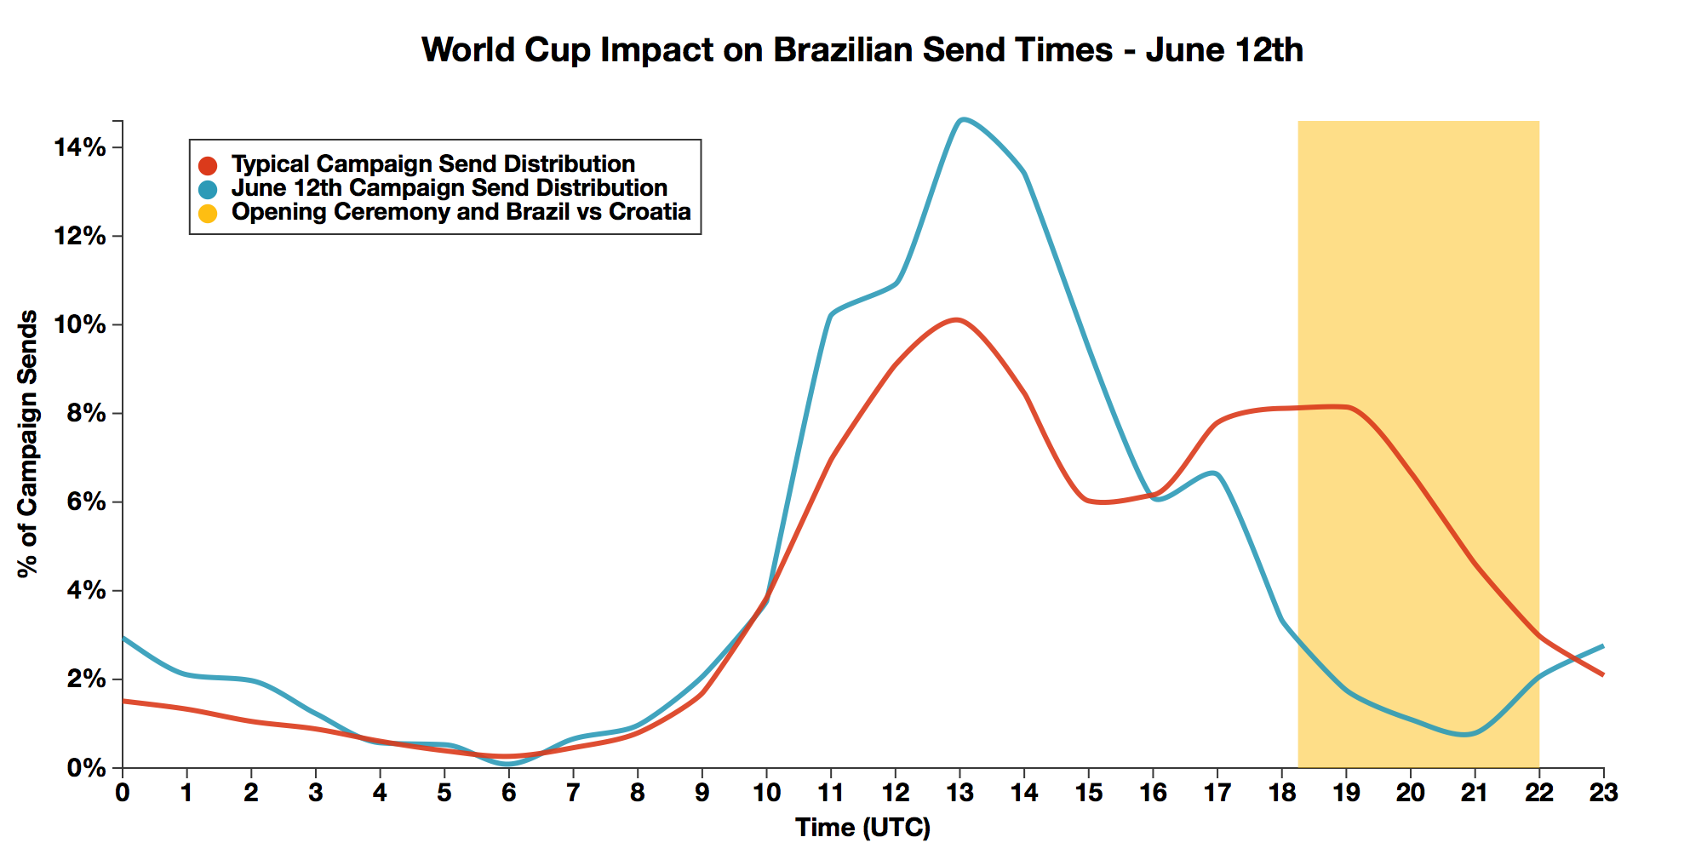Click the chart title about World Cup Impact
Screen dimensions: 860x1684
862,50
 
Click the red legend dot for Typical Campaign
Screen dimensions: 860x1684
208,165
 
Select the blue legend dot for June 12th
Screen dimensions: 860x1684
208,189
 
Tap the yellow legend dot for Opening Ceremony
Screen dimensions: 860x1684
208,213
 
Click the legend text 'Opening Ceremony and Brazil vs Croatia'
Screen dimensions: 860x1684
461,212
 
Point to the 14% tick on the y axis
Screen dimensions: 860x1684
80,148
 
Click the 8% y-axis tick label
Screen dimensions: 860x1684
86,414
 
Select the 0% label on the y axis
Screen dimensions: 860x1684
86,768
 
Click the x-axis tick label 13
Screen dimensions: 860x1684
959,794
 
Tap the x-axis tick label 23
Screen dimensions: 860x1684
1603,794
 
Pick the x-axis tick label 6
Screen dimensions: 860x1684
508,794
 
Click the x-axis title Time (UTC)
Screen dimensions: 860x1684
862,828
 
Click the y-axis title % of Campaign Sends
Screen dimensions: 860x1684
28,444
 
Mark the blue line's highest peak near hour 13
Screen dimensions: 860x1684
962,120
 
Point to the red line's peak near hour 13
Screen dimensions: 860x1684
958,320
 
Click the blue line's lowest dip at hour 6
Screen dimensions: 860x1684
508,764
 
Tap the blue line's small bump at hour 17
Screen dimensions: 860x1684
1214,473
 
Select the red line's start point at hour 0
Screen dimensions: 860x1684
124,701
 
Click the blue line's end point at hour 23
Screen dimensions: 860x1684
1602,646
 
